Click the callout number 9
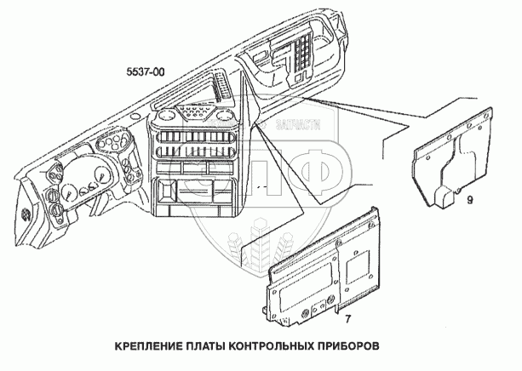coord(469,198)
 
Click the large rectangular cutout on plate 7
coord(302,289)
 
